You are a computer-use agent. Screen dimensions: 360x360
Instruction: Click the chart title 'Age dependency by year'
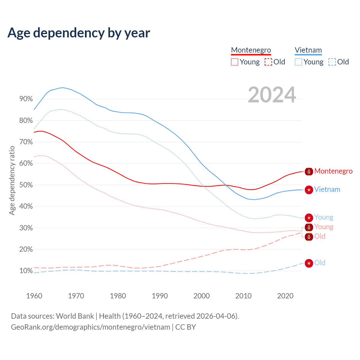[79, 33]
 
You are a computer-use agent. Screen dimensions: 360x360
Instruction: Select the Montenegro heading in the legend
[251, 50]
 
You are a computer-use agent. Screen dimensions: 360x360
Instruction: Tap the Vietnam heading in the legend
[308, 50]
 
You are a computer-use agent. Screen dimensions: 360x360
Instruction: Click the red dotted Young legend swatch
[235, 62]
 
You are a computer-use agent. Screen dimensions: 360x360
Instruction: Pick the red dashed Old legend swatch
[268, 62]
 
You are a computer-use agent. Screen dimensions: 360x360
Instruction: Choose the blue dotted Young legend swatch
[298, 62]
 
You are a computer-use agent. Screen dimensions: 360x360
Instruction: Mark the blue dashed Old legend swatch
[332, 62]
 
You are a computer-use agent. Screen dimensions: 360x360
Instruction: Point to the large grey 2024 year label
[272, 95]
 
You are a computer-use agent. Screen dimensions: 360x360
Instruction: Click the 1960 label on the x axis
[34, 296]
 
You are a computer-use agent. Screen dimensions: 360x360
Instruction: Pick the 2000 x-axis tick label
[202, 296]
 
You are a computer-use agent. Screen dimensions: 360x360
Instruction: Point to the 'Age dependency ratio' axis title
[12, 180]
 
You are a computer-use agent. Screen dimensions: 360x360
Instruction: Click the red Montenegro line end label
[333, 171]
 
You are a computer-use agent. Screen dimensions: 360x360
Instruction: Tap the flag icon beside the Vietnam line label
[309, 190]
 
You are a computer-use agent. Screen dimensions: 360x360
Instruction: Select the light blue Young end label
[324, 217]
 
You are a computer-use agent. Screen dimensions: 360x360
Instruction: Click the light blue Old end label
[320, 263]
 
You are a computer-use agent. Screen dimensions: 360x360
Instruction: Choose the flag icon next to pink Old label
[309, 237]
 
